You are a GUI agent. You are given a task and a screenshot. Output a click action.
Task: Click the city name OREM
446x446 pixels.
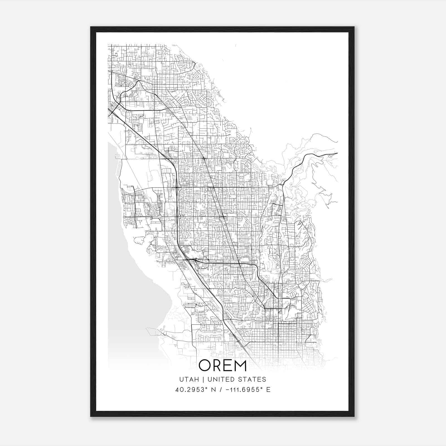(223, 365)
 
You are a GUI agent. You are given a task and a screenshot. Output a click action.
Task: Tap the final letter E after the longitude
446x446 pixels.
(268, 390)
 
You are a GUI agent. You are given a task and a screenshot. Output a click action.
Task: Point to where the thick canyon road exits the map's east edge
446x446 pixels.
(337, 153)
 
